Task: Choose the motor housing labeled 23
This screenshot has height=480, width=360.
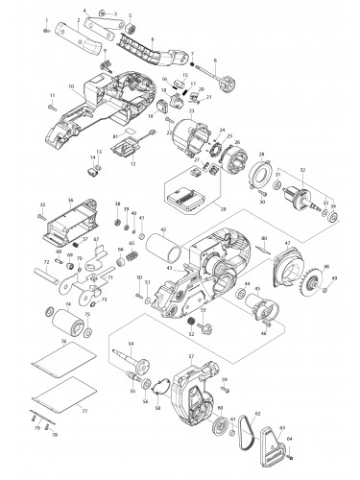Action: coord(182,144)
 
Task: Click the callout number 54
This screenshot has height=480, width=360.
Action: coord(132,343)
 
